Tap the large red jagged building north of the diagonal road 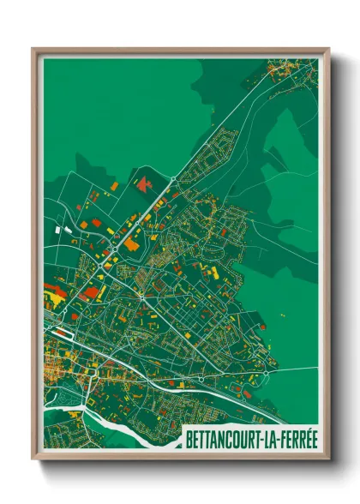click(142, 183)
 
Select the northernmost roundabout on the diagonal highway click(173, 179)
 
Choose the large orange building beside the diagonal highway click(131, 243)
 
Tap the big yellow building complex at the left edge click(51, 297)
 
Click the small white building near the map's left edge click(59, 230)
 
